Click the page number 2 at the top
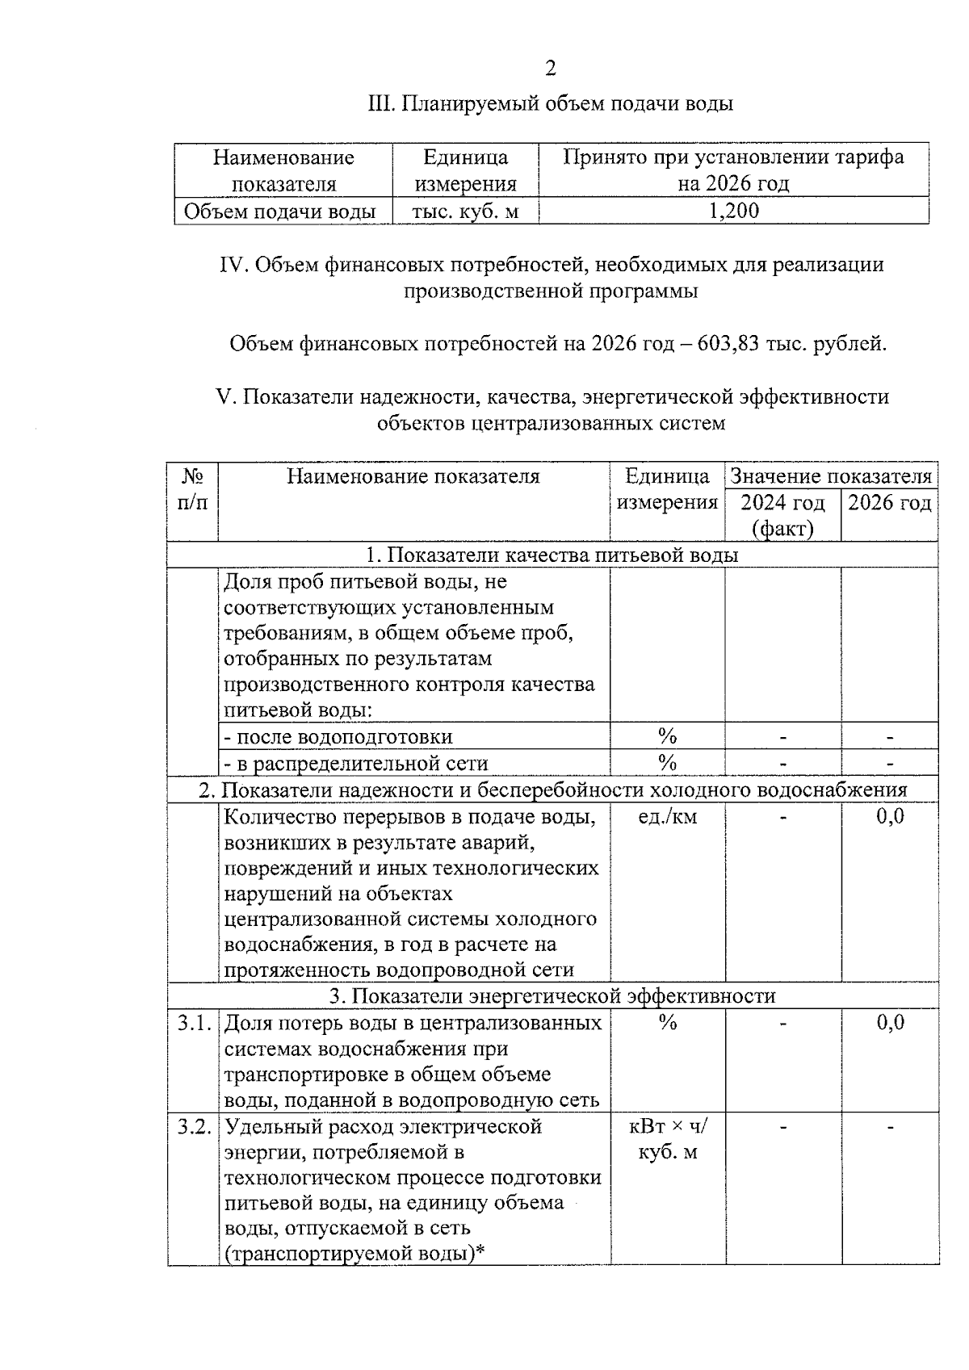(551, 69)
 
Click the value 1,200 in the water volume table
(733, 212)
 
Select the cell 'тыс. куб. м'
(465, 212)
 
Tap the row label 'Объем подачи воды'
(280, 212)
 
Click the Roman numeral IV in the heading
(233, 265)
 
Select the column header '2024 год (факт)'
(782, 515)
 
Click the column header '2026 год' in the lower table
(889, 503)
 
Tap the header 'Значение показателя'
(831, 476)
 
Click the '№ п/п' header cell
(192, 489)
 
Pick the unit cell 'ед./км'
(667, 817)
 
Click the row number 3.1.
(194, 1023)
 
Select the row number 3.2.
(194, 1126)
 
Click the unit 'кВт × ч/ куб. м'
(667, 1139)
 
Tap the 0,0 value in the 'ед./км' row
(890, 817)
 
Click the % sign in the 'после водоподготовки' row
(667, 736)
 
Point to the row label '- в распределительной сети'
(355, 763)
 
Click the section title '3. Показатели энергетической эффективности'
(552, 996)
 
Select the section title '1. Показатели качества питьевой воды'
(552, 555)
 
